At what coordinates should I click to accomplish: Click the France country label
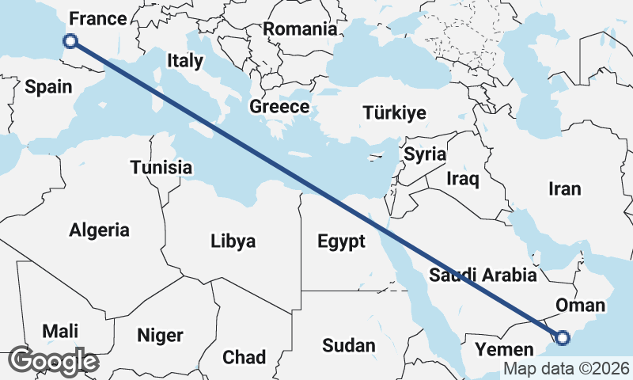click(x=98, y=19)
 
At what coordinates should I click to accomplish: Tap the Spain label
click(x=48, y=87)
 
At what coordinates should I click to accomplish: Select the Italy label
click(x=185, y=61)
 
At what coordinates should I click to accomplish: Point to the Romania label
click(x=300, y=29)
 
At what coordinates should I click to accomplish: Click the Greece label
click(x=279, y=107)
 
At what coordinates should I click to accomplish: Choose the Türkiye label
click(x=394, y=113)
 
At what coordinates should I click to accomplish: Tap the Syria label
click(x=425, y=154)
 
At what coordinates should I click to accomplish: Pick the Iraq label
click(x=463, y=180)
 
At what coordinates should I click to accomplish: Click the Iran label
click(x=565, y=189)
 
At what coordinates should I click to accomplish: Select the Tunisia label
click(x=161, y=168)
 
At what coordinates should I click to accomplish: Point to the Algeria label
click(x=99, y=230)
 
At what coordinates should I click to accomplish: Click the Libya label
click(x=233, y=241)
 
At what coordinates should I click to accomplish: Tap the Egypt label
click(x=341, y=241)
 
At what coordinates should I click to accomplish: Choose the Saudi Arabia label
click(x=483, y=275)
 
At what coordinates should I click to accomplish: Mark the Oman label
click(x=581, y=306)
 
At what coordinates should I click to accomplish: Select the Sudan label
click(x=349, y=346)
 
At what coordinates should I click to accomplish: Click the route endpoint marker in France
click(x=70, y=41)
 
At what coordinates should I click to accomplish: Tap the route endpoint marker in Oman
click(x=562, y=338)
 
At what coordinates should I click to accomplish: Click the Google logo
click(x=53, y=361)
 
